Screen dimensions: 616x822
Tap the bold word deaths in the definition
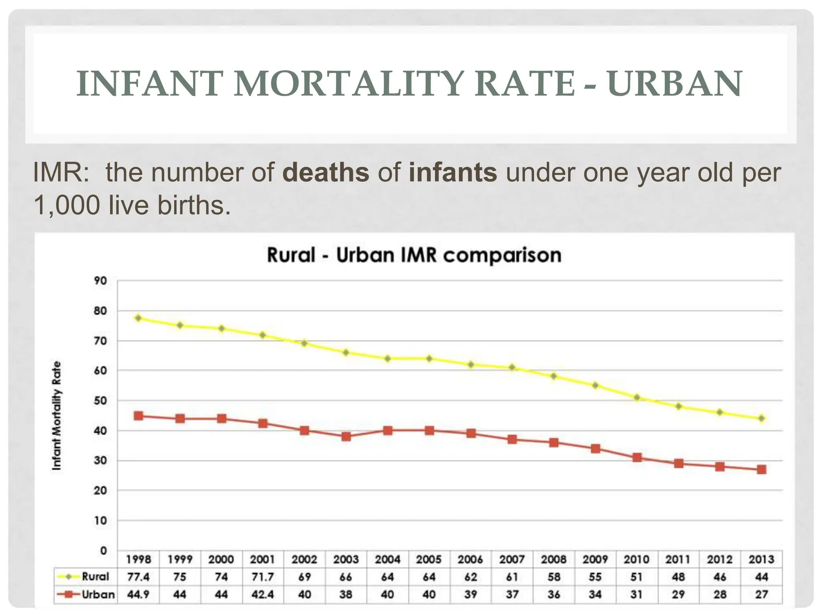tap(326, 172)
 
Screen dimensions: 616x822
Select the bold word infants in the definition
tap(453, 172)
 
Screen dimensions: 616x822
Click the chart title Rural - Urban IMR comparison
tap(414, 255)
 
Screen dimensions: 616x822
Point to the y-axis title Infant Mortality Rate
tap(57, 416)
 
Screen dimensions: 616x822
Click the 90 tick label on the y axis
tap(100, 281)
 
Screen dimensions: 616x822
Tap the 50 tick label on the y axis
tap(100, 401)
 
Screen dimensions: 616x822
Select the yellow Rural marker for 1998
tap(138, 318)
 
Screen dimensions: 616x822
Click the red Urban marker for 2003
tap(346, 436)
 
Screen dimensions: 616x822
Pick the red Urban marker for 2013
tap(761, 469)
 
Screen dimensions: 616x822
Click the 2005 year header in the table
tap(429, 559)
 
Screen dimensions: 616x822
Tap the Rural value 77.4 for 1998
tap(138, 577)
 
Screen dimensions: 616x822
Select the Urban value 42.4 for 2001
tap(263, 594)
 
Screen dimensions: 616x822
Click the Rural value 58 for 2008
tap(554, 577)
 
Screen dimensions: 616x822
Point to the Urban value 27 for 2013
tap(761, 594)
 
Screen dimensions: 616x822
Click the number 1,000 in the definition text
tap(66, 205)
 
